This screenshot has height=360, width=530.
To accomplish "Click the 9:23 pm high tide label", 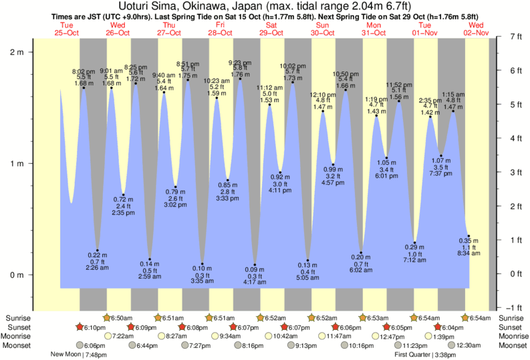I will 240,62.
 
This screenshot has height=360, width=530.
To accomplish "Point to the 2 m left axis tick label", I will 17,51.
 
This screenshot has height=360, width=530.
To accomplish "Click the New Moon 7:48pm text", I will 76,355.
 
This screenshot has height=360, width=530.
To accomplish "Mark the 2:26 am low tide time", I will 98,268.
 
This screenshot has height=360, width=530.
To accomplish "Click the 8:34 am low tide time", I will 469,254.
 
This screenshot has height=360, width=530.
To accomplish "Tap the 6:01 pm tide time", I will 386,176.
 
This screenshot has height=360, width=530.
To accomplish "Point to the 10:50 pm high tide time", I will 346,73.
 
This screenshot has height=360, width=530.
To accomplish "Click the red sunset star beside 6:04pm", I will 438,327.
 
